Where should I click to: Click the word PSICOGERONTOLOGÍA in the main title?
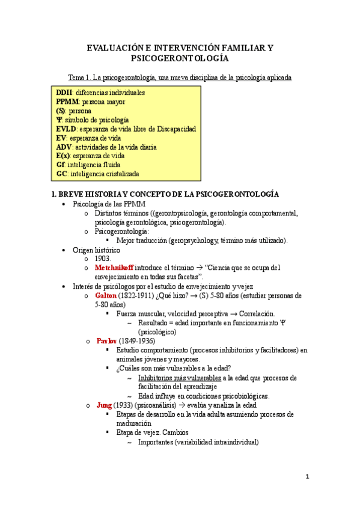pyautogui.click(x=180, y=58)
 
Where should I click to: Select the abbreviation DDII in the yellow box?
pyautogui.click(x=64, y=93)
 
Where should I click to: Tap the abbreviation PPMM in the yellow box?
pyautogui.click(x=68, y=102)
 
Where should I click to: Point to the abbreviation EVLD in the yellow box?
pyautogui.click(x=66, y=129)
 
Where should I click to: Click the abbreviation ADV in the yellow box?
pyautogui.click(x=64, y=147)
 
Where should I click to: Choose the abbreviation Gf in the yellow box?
pyautogui.click(x=60, y=165)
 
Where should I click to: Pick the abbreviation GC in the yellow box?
pyautogui.click(x=61, y=174)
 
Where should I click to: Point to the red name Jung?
pyautogui.click(x=104, y=405)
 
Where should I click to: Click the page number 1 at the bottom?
pyautogui.click(x=307, y=477)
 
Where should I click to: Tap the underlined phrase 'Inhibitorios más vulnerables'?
pyautogui.click(x=179, y=378)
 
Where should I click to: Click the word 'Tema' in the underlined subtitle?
pyautogui.click(x=78, y=79)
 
